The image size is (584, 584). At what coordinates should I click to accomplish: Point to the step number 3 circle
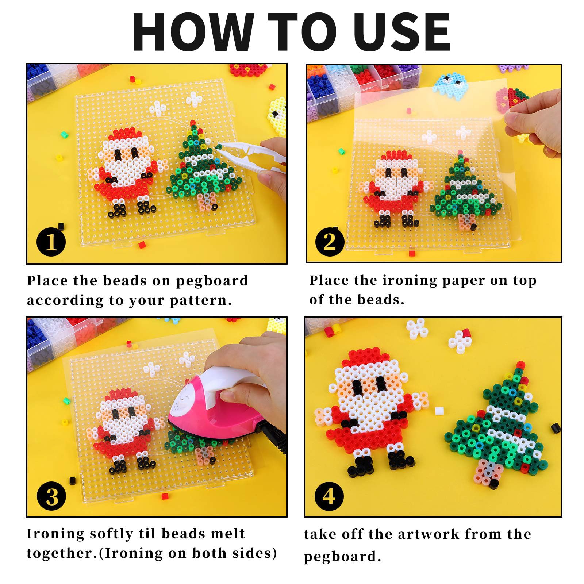click(51, 496)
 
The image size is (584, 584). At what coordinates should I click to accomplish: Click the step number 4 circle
click(329, 496)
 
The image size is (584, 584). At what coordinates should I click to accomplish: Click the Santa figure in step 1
click(126, 172)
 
